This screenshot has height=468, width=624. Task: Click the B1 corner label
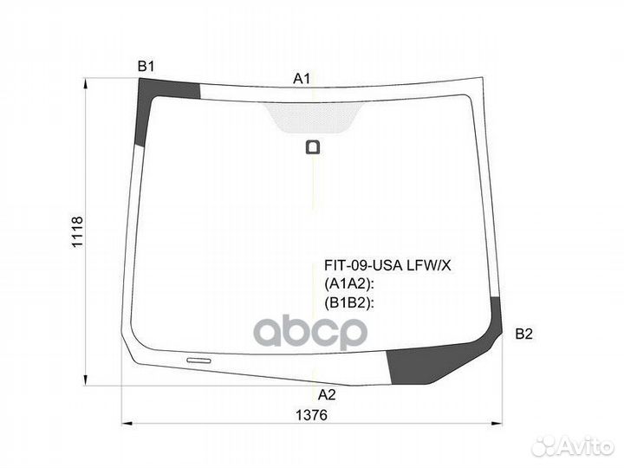[x=146, y=66]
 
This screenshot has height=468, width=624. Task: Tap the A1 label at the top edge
[x=302, y=78]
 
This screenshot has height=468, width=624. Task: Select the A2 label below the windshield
[x=326, y=394]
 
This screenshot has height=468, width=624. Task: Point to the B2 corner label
[x=523, y=334]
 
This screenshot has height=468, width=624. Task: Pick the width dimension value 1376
[x=315, y=415]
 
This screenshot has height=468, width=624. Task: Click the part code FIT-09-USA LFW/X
[x=387, y=266]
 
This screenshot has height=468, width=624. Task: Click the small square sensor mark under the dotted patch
[x=312, y=146]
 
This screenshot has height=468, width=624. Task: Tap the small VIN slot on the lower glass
[x=198, y=359]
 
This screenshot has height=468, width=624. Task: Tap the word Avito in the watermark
[x=586, y=445]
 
